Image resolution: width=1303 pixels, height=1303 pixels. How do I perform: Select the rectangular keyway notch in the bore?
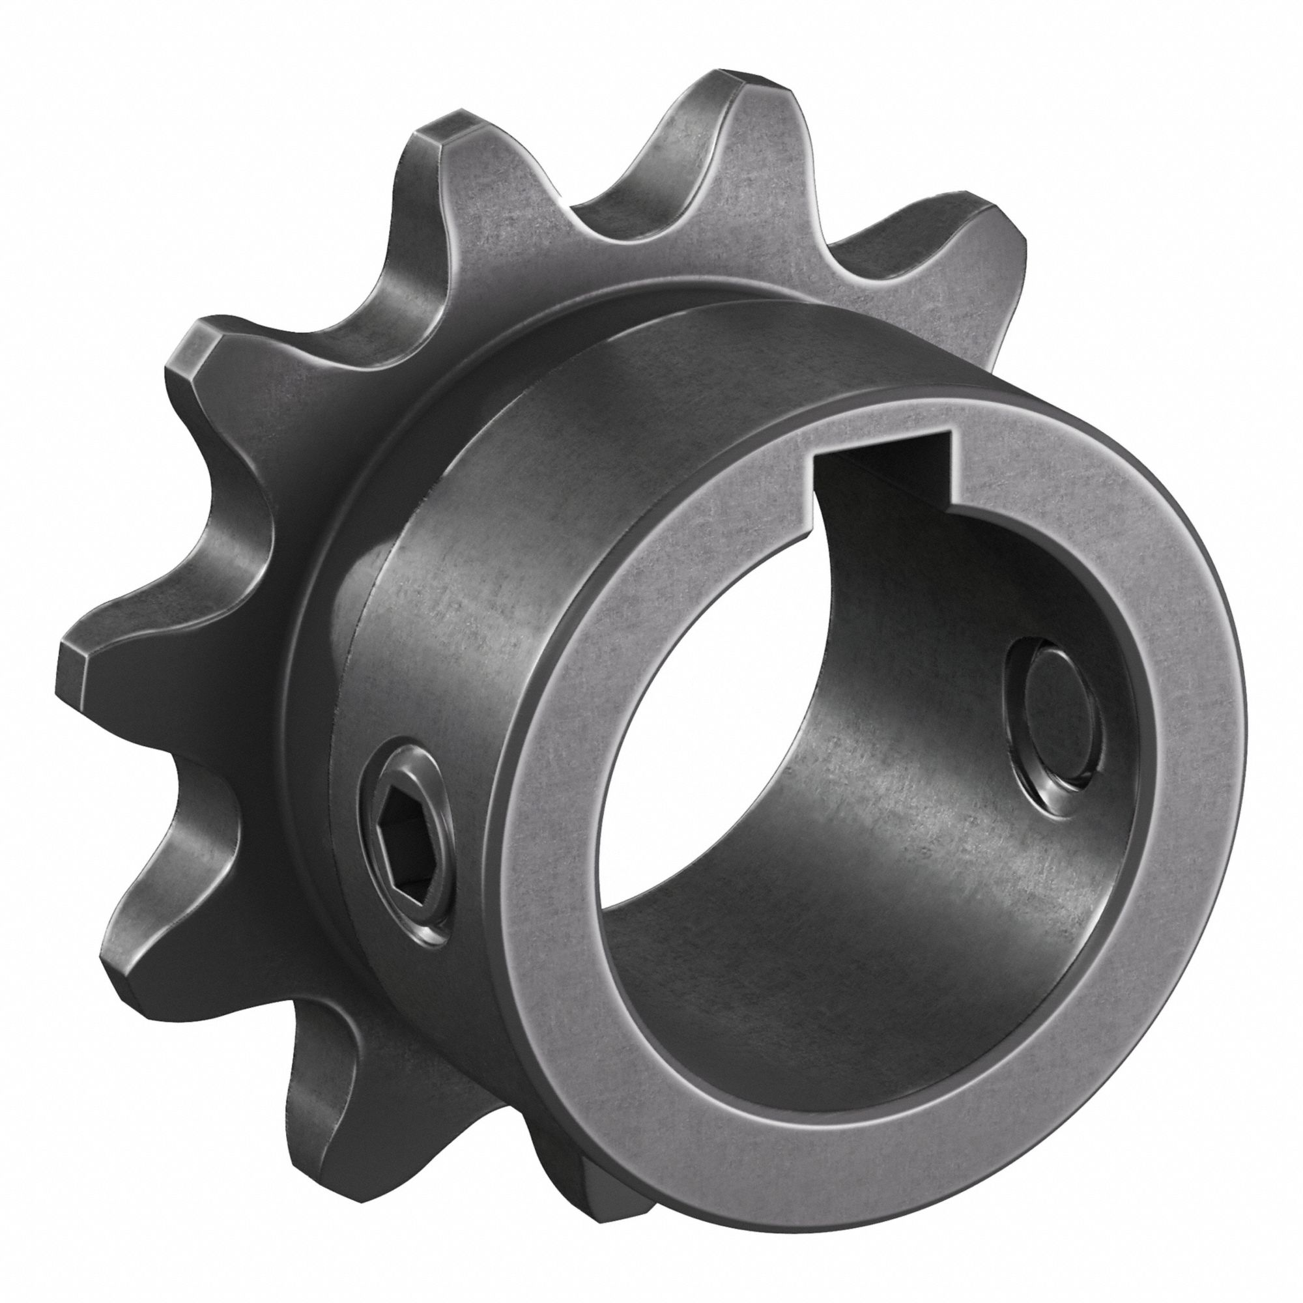click(883, 465)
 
